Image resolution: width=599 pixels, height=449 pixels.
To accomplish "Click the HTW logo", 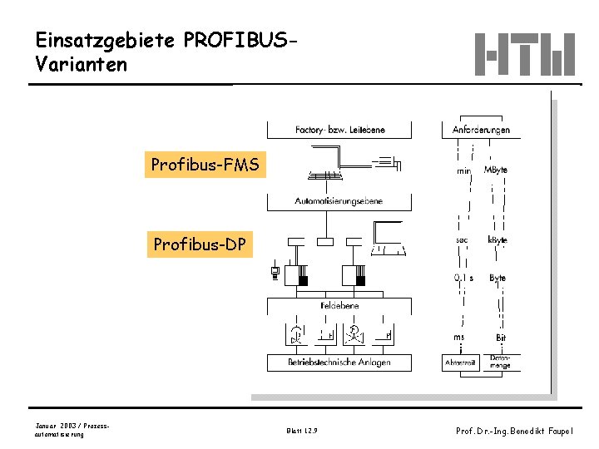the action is pyautogui.click(x=525, y=54).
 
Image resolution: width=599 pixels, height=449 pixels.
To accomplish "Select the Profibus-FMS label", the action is pyautogui.click(x=205, y=165).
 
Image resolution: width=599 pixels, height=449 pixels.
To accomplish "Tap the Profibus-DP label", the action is pyautogui.click(x=200, y=244).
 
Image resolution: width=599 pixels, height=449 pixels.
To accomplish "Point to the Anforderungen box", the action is pyautogui.click(x=481, y=131).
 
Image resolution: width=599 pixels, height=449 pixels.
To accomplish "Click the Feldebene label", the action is pyautogui.click(x=339, y=306).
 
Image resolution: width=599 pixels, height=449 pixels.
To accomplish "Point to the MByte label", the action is pyautogui.click(x=496, y=170).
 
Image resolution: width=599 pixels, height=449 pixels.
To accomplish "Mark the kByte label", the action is pyautogui.click(x=498, y=239).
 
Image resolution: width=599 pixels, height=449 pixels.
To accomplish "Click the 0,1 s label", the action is pyautogui.click(x=463, y=278).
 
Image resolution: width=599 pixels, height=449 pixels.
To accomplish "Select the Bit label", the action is pyautogui.click(x=501, y=338).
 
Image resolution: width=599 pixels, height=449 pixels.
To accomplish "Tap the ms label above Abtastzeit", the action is pyautogui.click(x=459, y=338).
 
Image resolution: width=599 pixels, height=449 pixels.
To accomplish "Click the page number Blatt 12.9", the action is pyautogui.click(x=301, y=431).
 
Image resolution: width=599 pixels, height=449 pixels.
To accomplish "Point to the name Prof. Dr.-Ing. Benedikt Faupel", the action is pyautogui.click(x=514, y=431).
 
